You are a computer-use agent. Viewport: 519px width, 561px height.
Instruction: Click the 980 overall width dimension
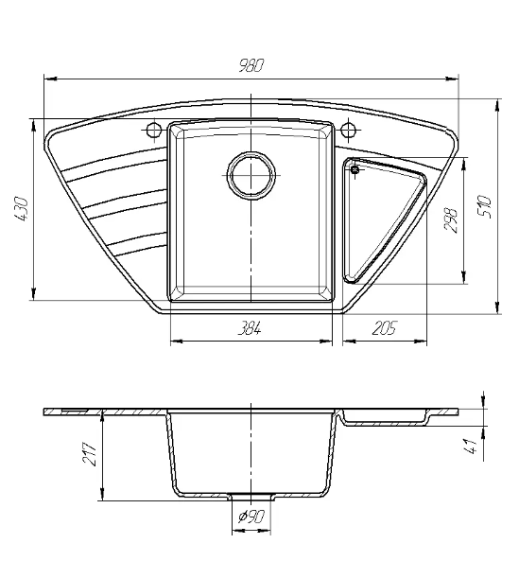pos(251,66)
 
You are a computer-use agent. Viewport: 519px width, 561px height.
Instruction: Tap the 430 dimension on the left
pos(21,208)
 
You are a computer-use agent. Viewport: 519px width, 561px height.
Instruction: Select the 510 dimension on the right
pos(485,206)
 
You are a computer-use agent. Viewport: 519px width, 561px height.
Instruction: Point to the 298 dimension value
pos(451,220)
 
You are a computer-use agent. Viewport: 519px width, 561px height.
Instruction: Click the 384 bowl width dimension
pos(250,328)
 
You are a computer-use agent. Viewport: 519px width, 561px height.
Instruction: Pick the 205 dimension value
pos(384,328)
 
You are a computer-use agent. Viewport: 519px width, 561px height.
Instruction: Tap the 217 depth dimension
pos(90,454)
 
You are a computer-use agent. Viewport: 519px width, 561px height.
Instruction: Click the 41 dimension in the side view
pos(472,447)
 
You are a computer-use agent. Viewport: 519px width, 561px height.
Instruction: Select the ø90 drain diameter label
pos(251,517)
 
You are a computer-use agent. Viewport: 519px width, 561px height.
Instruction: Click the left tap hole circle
pos(154,130)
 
